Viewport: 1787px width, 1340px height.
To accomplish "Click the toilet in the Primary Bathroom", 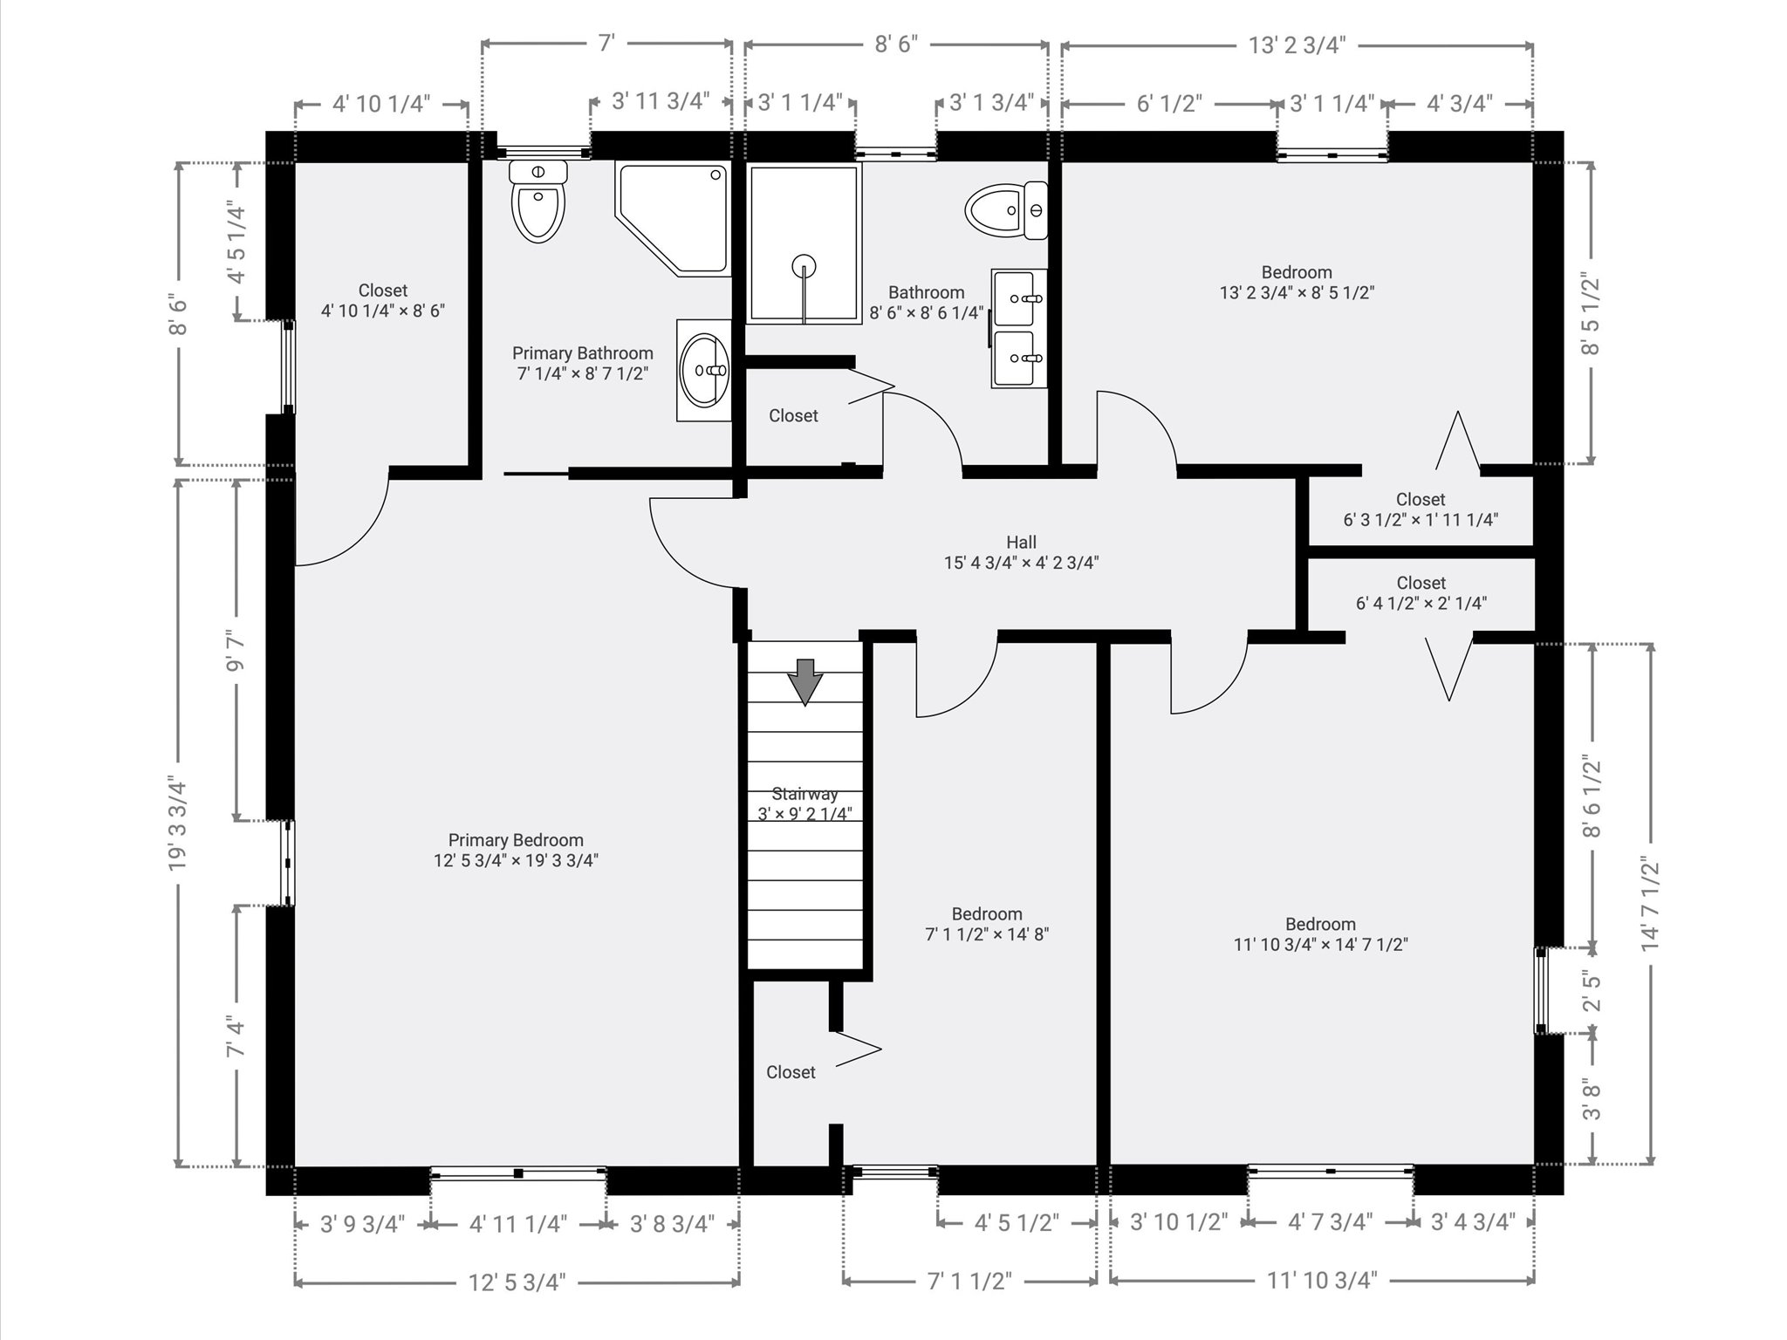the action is coord(538,201).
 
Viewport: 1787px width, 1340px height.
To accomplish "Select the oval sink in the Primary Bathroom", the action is coord(704,371).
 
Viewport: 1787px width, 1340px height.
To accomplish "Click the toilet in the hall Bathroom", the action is coord(1006,210).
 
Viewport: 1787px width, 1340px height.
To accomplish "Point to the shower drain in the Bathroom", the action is coord(804,265).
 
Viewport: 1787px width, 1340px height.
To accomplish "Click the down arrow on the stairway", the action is coord(805,681).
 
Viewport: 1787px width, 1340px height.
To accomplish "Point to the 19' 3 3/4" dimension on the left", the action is coord(178,823).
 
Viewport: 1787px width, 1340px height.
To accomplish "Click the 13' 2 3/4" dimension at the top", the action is coord(1297,45).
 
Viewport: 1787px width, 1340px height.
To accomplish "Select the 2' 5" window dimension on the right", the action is coord(1592,990).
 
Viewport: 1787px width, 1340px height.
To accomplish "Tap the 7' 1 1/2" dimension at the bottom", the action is coord(969,1281).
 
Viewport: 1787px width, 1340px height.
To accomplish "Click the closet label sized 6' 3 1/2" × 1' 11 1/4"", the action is coord(1421,509).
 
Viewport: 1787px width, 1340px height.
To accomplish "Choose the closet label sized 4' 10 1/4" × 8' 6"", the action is coord(383,300).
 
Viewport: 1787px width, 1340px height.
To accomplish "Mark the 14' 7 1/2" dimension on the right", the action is coord(1649,904).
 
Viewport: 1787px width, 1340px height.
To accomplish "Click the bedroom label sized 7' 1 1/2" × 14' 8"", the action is coord(987,924).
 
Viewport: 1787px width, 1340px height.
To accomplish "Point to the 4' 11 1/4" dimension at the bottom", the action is coord(518,1224).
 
